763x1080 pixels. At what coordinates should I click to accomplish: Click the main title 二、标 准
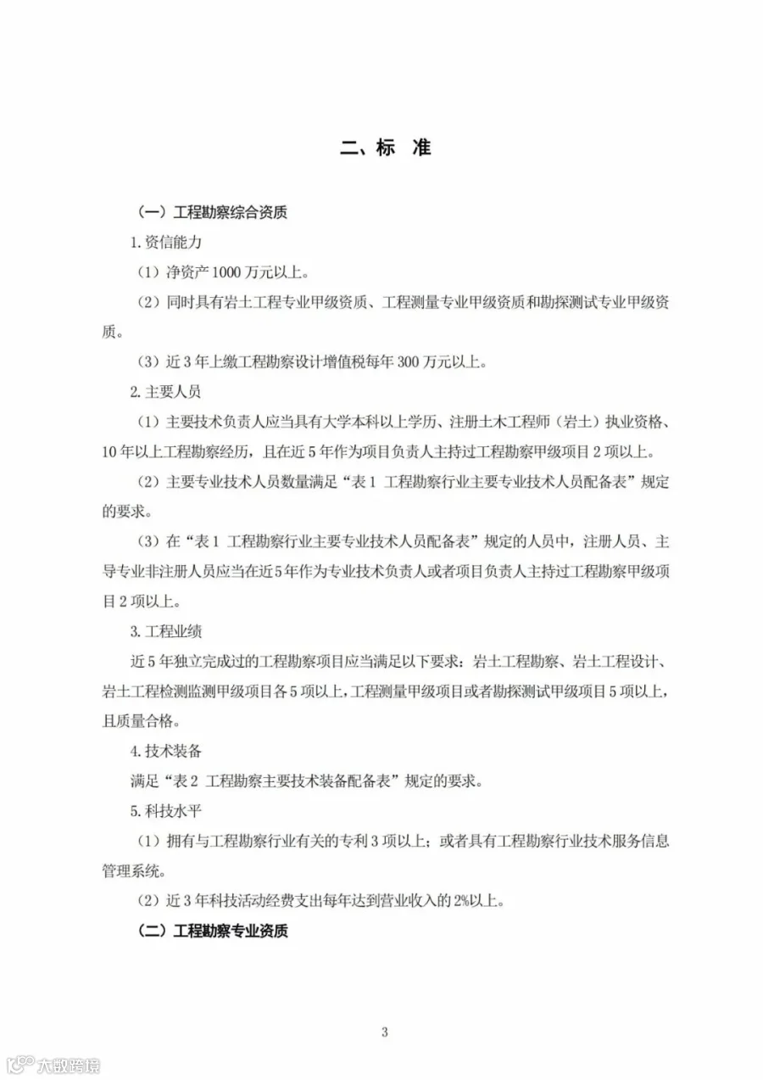coord(385,147)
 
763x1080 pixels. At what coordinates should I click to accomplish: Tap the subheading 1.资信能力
coord(165,243)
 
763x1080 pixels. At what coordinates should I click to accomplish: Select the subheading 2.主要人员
coord(165,392)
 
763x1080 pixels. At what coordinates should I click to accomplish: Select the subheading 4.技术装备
coord(165,752)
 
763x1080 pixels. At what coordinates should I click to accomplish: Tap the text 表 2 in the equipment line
coord(188,781)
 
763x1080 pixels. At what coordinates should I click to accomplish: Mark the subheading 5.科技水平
coord(165,811)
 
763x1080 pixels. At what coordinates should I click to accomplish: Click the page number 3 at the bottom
coord(384,1032)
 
